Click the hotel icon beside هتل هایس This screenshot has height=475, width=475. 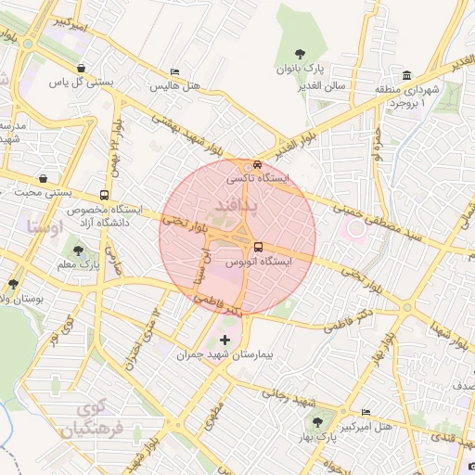pyautogui.click(x=174, y=71)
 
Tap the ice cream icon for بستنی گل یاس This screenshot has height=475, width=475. pyautogui.click(x=82, y=68)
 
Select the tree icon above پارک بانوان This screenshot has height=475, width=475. pyautogui.click(x=300, y=55)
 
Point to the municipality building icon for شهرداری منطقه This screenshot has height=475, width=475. pyautogui.click(x=407, y=75)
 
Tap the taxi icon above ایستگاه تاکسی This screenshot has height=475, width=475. pyautogui.click(x=258, y=164)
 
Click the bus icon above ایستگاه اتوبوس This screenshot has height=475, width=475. pyautogui.click(x=258, y=247)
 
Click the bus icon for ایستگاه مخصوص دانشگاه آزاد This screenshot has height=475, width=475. pyautogui.click(x=103, y=196)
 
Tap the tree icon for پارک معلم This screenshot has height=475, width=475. pyautogui.click(x=78, y=250)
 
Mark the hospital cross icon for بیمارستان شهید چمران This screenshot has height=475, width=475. pyautogui.click(x=225, y=341)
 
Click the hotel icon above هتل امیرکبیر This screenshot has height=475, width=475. pyautogui.click(x=365, y=412)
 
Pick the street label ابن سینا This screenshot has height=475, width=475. pyautogui.click(x=197, y=269)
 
